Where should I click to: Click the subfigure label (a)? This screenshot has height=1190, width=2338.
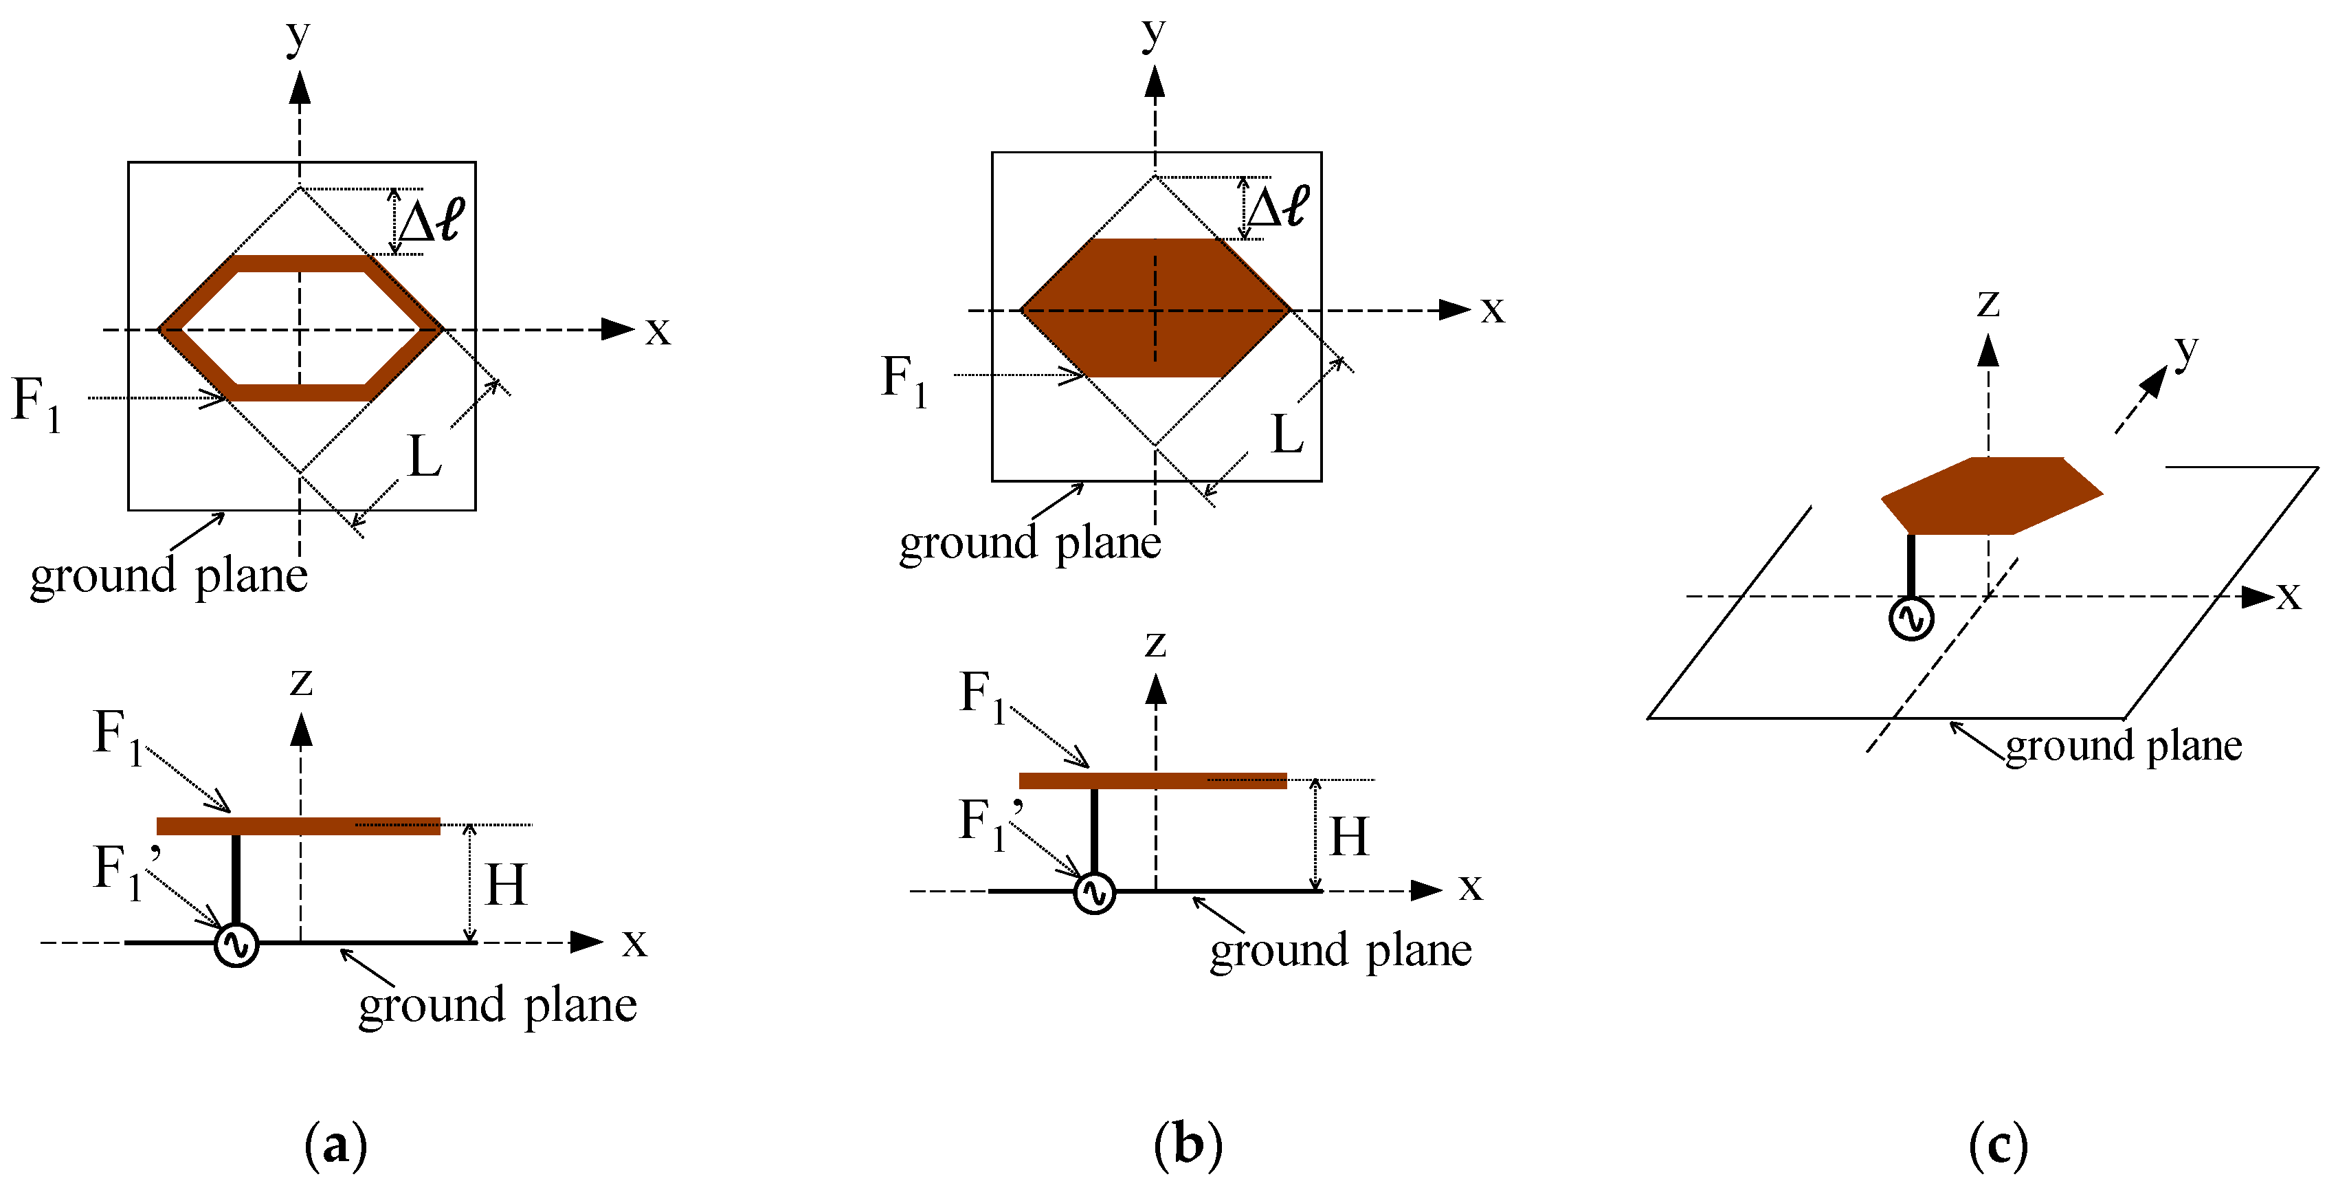click(x=336, y=1145)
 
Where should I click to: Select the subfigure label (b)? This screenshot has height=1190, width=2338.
click(x=1188, y=1145)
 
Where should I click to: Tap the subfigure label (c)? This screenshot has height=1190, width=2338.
click(x=1999, y=1145)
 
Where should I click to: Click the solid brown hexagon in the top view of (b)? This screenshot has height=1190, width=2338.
click(x=1155, y=308)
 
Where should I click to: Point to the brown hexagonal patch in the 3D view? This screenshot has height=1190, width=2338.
click(x=1992, y=496)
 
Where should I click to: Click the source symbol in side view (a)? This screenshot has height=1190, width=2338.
click(x=236, y=945)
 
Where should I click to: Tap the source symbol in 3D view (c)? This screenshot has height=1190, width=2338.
click(x=1911, y=619)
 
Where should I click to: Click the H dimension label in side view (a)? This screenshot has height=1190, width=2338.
click(x=506, y=885)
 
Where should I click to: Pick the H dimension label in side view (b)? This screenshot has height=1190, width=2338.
click(x=1348, y=837)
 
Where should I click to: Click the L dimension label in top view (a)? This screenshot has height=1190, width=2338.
click(x=425, y=456)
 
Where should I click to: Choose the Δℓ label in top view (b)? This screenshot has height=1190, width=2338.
click(x=1278, y=207)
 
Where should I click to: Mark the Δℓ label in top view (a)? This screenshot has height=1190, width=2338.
click(x=431, y=221)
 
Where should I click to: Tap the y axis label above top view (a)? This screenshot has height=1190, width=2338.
click(x=298, y=36)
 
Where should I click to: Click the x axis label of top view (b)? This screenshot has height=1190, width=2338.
click(x=1492, y=309)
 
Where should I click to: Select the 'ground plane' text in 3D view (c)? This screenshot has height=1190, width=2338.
click(x=2123, y=746)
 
